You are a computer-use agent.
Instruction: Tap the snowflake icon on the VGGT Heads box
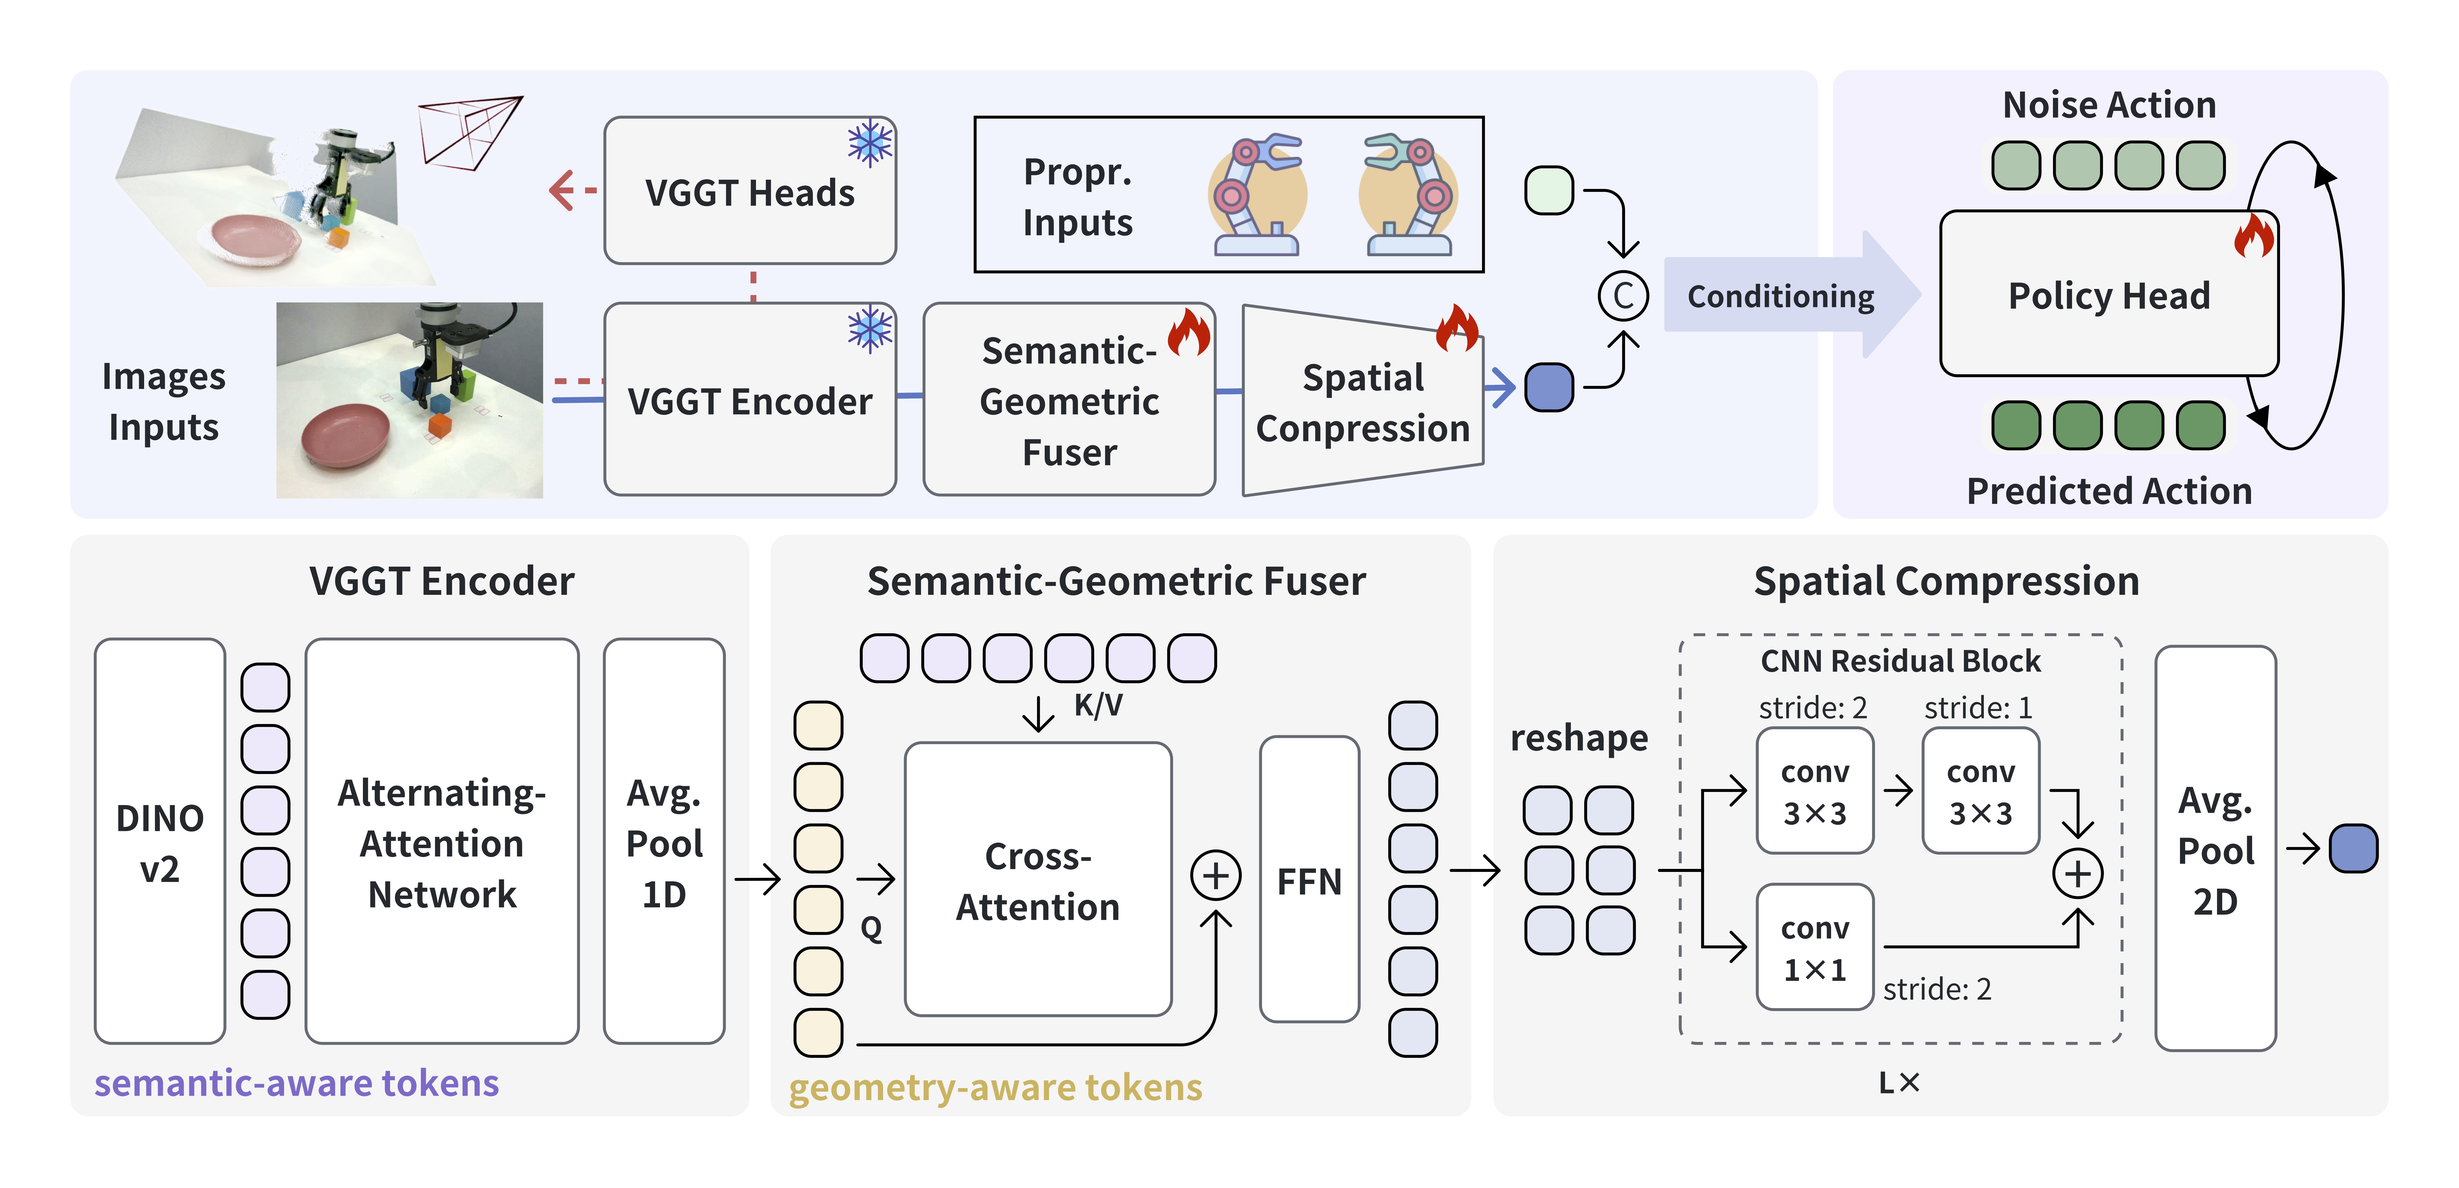tap(870, 143)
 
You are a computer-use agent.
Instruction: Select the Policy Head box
tap(2109, 295)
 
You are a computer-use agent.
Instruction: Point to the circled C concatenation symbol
tap(1623, 296)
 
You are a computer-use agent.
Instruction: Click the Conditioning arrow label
tap(1780, 296)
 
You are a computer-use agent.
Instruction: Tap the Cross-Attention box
tap(1038, 880)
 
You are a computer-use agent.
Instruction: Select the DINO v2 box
tap(159, 841)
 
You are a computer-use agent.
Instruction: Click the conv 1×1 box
tap(1815, 947)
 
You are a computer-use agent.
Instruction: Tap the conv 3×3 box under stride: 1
tap(1981, 791)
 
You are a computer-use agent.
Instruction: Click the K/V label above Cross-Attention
tap(1098, 705)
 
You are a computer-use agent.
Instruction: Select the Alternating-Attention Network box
tap(442, 841)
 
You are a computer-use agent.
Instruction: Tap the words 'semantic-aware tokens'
tap(296, 1083)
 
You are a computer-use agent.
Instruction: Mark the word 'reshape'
tap(1579, 738)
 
